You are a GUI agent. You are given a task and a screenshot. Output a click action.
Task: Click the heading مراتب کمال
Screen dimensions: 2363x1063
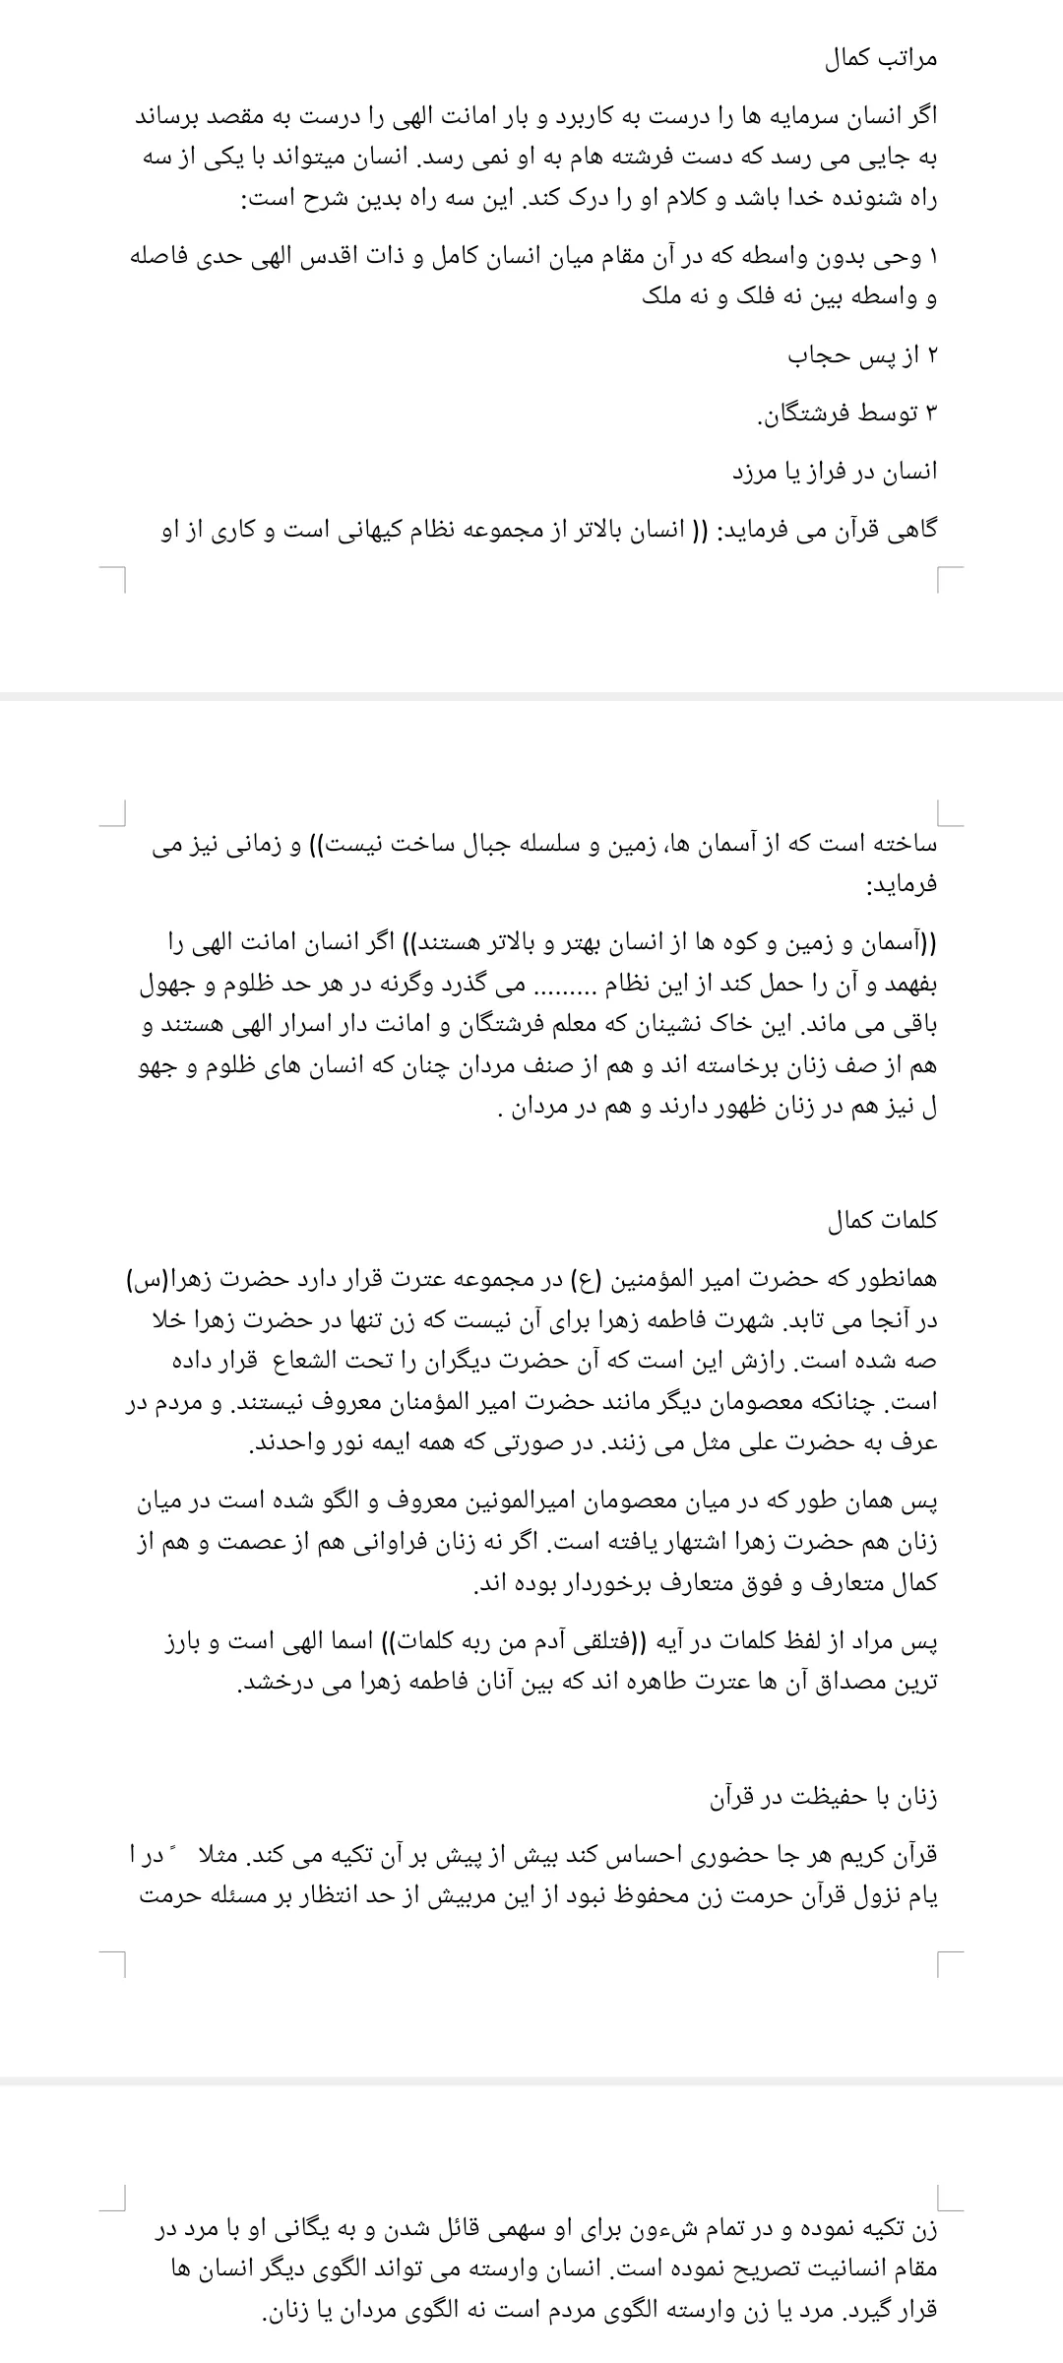click(881, 59)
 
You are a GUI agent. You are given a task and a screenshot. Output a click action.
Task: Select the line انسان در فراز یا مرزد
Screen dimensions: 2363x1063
click(836, 472)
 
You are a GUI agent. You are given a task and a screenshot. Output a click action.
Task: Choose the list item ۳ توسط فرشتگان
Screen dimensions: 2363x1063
click(846, 414)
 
